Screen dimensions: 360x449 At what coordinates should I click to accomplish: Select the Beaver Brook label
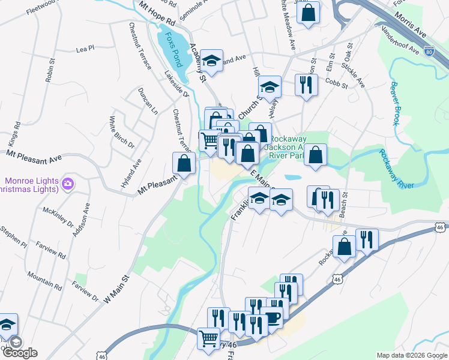point(394,103)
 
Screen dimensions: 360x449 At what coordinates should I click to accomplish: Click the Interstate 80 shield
point(429,52)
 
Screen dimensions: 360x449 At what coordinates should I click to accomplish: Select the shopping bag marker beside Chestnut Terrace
point(184,163)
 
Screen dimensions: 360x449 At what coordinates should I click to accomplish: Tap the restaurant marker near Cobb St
point(306,85)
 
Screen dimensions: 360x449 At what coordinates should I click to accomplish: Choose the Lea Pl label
point(86,49)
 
